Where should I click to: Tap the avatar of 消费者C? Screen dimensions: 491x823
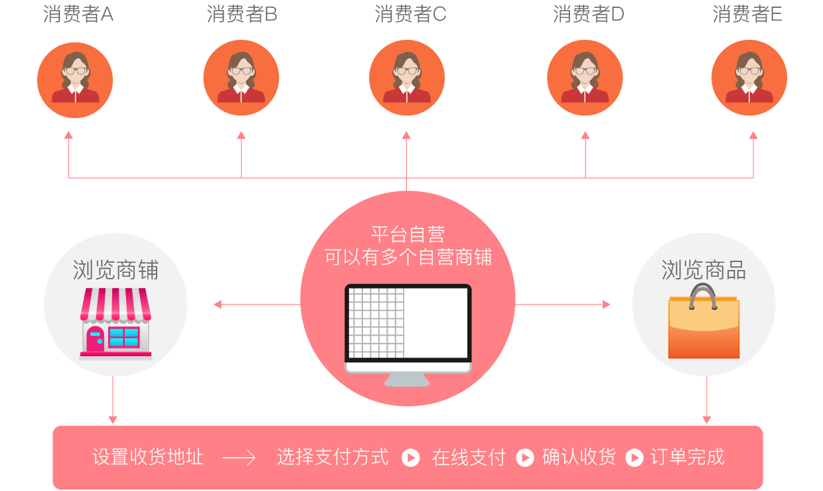[x=407, y=78]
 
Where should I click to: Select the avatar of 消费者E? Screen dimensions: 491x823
[x=749, y=78]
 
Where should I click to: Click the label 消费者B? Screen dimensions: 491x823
[x=242, y=14]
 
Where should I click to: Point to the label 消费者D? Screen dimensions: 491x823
[x=588, y=14]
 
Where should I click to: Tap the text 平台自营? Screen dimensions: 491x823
[x=408, y=234]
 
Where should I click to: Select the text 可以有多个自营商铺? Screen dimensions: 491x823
[x=408, y=257]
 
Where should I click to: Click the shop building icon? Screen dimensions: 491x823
[x=115, y=324]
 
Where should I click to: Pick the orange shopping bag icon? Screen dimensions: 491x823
[x=704, y=323]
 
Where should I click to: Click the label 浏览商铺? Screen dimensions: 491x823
[x=115, y=270]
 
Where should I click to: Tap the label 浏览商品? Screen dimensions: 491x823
[x=704, y=270]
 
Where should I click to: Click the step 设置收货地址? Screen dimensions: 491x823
[x=147, y=457]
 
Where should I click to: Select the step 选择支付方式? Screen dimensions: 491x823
[x=333, y=457]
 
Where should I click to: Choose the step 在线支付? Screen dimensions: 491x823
[x=469, y=457]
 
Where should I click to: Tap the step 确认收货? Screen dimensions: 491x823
[x=579, y=457]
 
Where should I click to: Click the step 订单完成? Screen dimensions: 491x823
[x=687, y=457]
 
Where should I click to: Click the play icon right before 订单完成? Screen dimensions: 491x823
[x=635, y=458]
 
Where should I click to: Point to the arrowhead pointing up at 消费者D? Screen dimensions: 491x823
[x=585, y=135]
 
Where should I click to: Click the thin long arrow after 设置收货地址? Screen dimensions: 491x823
[x=239, y=458]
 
